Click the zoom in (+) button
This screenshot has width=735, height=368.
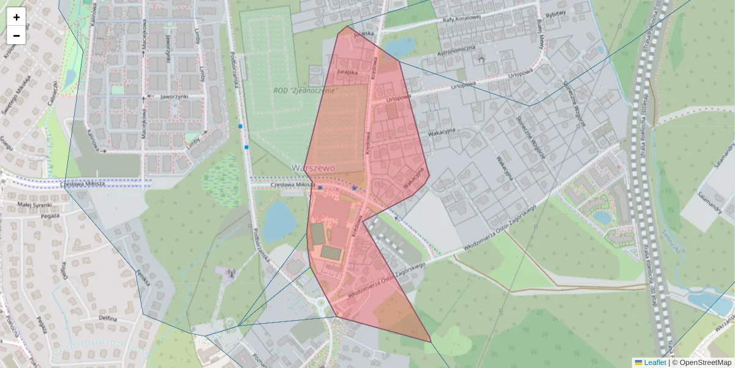click(x=17, y=17)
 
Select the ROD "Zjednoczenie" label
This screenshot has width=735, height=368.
click(x=306, y=91)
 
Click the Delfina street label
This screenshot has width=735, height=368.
click(x=107, y=319)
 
